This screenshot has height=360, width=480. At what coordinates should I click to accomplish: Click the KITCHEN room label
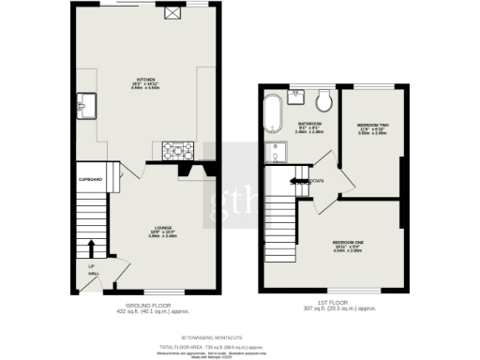tap(145, 80)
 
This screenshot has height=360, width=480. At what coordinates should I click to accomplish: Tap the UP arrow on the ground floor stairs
tap(92, 248)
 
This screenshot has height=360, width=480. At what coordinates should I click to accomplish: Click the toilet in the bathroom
tap(324, 101)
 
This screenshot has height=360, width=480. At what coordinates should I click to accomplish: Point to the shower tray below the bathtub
tap(277, 150)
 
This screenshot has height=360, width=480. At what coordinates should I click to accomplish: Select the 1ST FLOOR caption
tap(339, 306)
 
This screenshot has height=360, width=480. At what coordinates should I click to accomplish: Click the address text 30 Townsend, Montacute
tap(240, 338)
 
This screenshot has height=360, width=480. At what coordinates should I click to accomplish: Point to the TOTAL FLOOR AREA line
tap(240, 346)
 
